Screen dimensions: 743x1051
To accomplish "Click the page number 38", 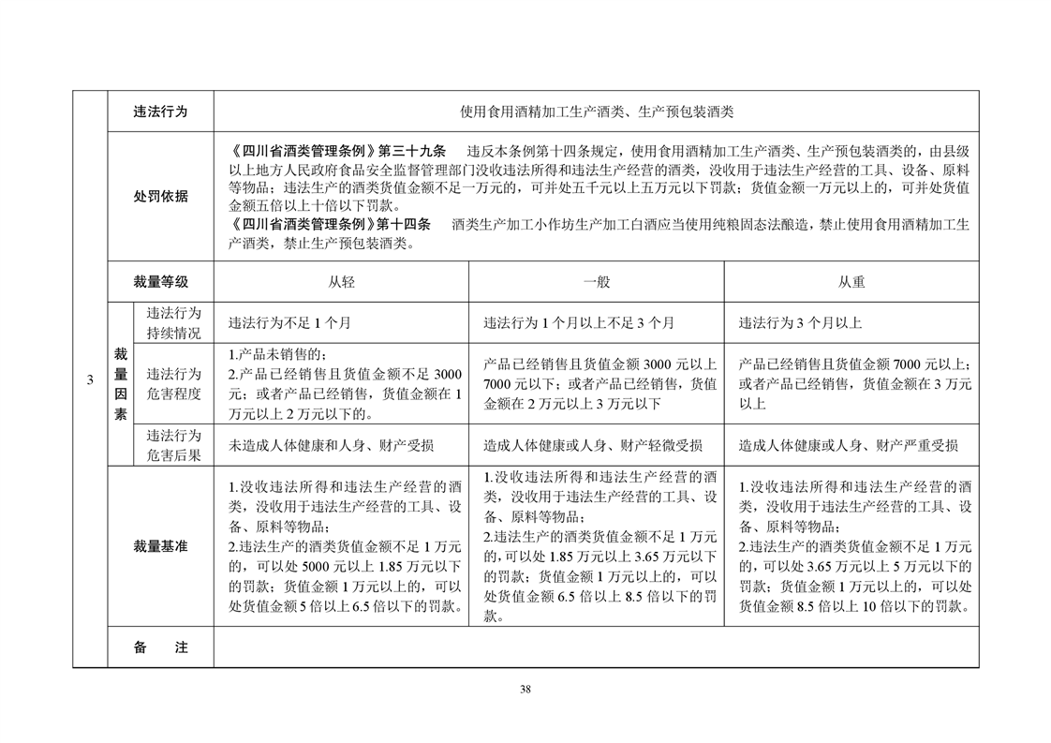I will [x=525, y=690].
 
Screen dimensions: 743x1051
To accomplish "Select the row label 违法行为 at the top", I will [x=160, y=111].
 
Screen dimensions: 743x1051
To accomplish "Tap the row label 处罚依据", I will [x=160, y=196].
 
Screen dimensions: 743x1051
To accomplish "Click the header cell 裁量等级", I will [x=160, y=281].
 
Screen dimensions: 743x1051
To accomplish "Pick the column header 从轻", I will [x=341, y=281].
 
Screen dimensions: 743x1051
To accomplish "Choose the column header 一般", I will [x=596, y=281].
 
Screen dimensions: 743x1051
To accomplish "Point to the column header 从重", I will [x=851, y=281].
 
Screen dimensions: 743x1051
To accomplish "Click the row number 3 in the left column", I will [x=90, y=379].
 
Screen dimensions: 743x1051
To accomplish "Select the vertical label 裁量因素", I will [x=121, y=383].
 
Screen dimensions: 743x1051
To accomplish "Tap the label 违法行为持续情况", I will [x=173, y=322].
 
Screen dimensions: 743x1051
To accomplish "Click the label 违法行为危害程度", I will [x=173, y=384].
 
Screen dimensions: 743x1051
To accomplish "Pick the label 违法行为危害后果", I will [x=173, y=445].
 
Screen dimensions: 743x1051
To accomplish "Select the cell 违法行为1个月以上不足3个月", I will [x=578, y=323].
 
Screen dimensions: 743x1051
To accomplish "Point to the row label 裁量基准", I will [x=160, y=546].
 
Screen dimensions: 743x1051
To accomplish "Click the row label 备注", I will [x=160, y=647].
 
